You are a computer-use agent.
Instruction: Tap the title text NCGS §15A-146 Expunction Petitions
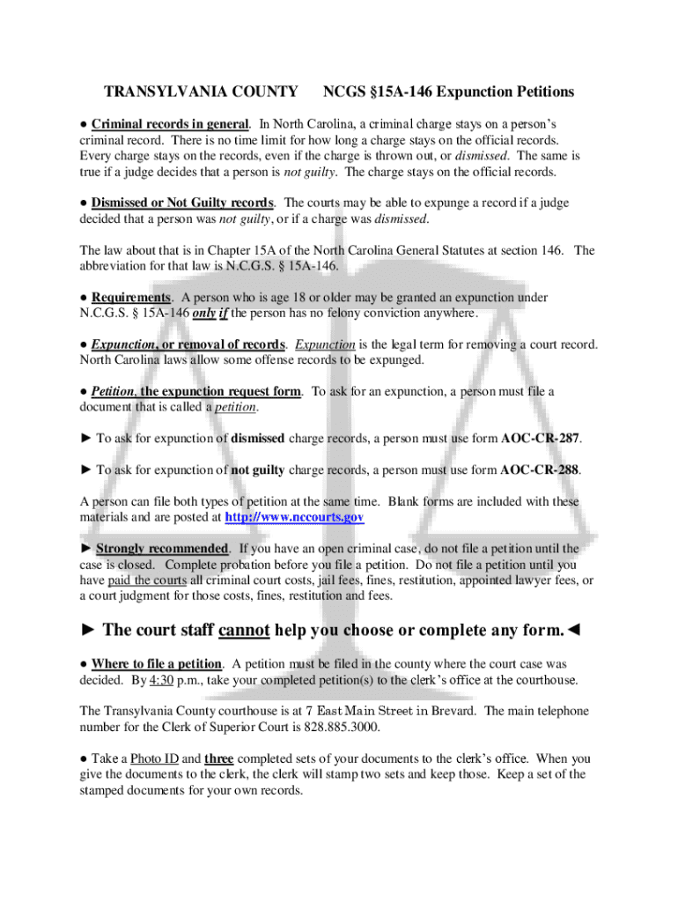pos(448,92)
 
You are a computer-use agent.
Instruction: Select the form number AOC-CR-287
pos(541,438)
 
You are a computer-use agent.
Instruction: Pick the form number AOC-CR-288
pos(540,469)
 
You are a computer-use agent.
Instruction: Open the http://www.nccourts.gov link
pos(294,517)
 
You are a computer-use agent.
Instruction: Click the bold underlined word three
pos(218,758)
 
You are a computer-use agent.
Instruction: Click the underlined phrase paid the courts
pos(147,580)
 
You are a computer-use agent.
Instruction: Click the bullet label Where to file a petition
pos(156,663)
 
